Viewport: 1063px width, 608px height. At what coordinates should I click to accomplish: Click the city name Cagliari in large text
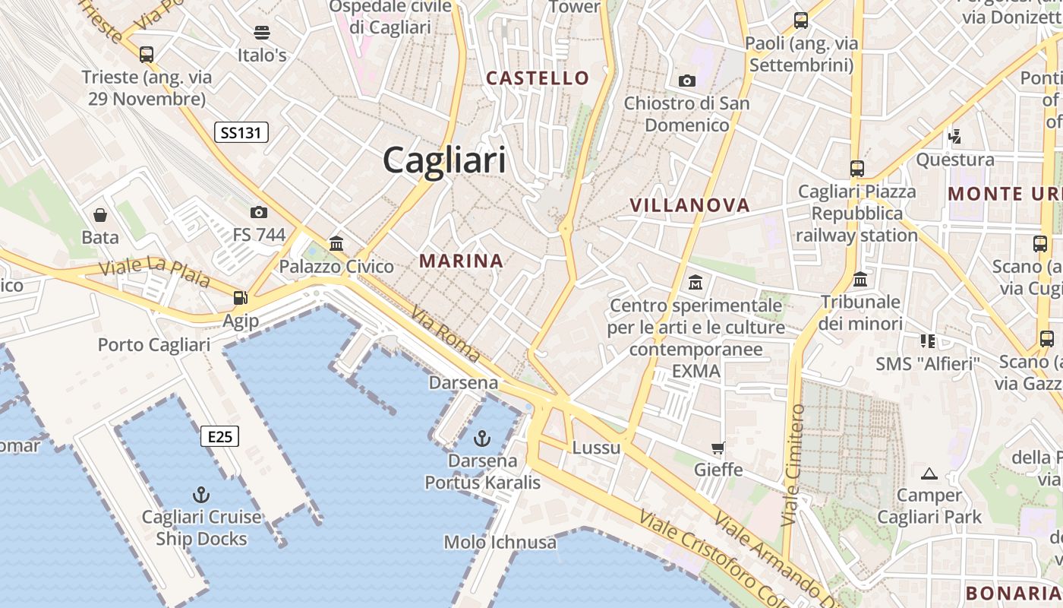click(444, 160)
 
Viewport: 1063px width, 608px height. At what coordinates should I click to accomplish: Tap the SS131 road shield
click(241, 133)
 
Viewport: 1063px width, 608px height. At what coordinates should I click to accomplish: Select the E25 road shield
click(220, 436)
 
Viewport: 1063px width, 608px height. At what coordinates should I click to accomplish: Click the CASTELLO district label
click(538, 78)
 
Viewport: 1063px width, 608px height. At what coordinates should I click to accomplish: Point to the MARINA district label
click(462, 261)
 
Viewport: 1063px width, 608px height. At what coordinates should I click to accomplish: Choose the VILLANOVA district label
click(689, 204)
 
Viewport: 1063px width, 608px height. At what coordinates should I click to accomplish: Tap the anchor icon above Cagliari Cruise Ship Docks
click(201, 495)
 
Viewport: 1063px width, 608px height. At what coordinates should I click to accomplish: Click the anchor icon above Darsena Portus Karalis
click(481, 439)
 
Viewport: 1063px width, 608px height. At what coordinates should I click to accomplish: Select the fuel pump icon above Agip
click(241, 298)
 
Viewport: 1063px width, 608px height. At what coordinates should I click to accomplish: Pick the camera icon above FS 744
click(259, 212)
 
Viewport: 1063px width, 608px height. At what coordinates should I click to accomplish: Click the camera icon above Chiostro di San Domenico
click(686, 81)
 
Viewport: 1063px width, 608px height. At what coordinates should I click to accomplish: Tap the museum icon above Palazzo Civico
click(336, 244)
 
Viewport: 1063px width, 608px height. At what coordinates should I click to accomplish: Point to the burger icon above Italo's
click(262, 33)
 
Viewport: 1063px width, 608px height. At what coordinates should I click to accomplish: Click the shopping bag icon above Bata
click(100, 215)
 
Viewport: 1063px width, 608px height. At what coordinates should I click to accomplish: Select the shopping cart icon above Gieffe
click(718, 448)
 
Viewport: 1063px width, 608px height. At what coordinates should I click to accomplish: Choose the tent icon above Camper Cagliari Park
click(929, 474)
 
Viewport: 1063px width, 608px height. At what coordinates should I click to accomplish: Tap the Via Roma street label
click(446, 334)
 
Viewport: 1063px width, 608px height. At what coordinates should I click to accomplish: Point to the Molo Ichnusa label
click(500, 542)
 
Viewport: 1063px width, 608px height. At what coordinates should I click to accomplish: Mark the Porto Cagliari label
click(154, 344)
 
